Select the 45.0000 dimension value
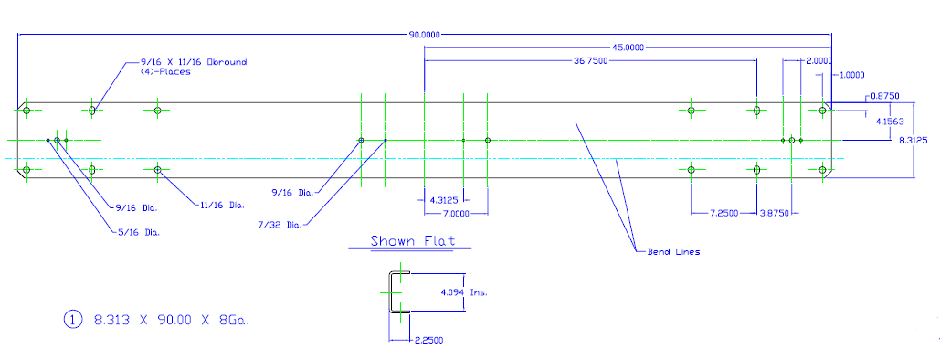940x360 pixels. [x=628, y=48]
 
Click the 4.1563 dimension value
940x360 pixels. [x=891, y=122]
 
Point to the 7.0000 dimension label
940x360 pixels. [x=456, y=214]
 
